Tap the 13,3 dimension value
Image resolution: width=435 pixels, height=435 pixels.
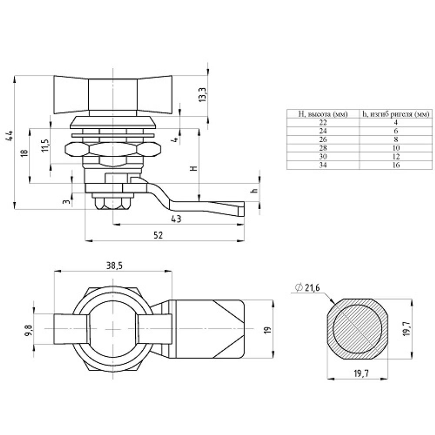(203, 95)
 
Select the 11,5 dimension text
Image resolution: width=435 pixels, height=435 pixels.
(46, 145)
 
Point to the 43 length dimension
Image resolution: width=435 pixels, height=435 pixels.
(176, 219)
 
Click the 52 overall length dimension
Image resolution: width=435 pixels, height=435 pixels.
(158, 235)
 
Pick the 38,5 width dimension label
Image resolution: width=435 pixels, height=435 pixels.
(114, 266)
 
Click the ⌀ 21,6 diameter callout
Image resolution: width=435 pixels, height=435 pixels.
(308, 288)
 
